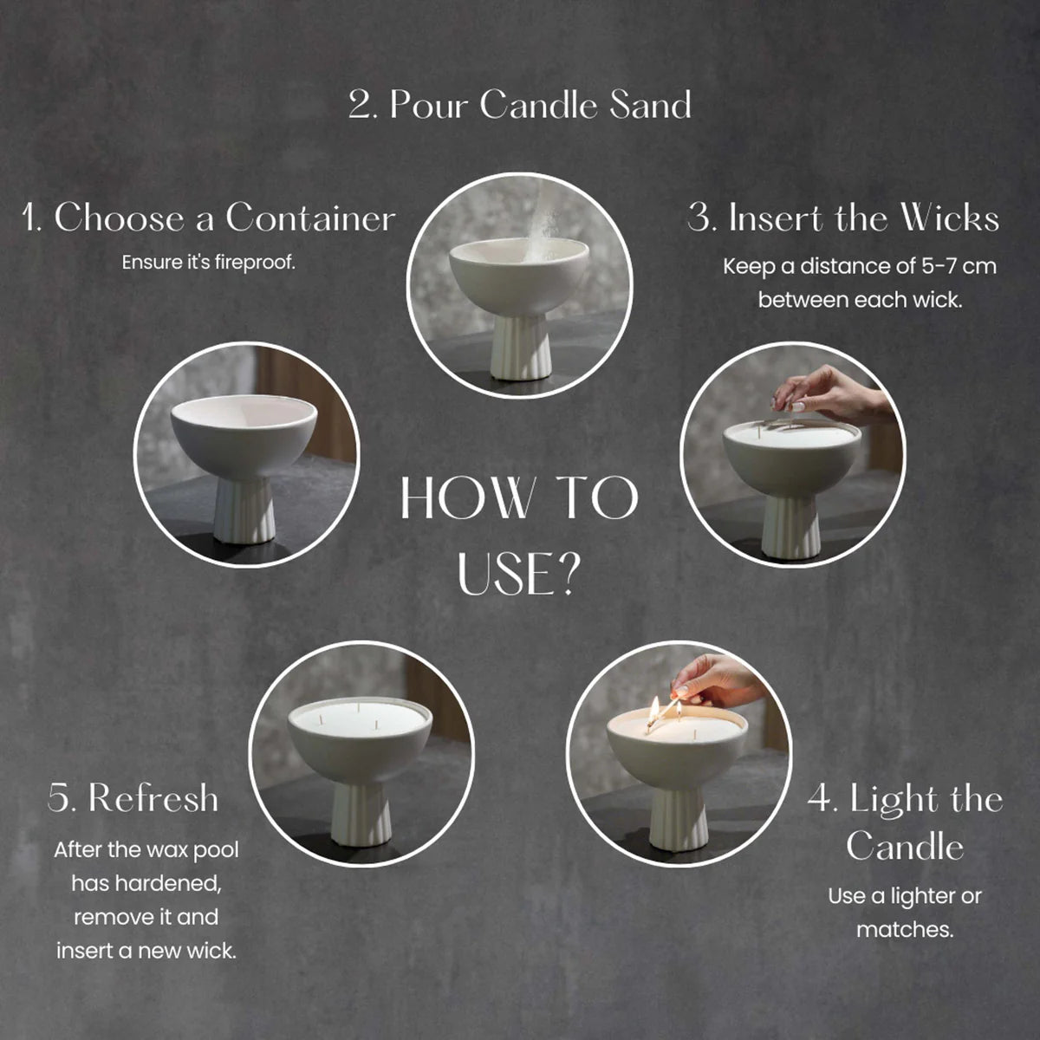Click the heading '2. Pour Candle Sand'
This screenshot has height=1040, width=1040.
(x=520, y=104)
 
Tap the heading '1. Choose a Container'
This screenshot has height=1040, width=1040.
(x=209, y=218)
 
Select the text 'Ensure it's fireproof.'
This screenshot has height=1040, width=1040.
(x=208, y=263)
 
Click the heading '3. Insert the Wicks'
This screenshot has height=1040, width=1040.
(x=843, y=218)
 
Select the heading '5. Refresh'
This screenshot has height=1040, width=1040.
(x=133, y=797)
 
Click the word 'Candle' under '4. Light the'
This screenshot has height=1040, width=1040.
(x=905, y=846)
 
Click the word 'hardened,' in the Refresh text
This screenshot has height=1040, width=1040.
(x=146, y=883)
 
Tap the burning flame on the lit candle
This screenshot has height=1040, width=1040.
(x=654, y=707)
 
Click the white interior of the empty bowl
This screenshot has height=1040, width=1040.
(x=244, y=413)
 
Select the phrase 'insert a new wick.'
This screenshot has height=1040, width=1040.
(x=146, y=951)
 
